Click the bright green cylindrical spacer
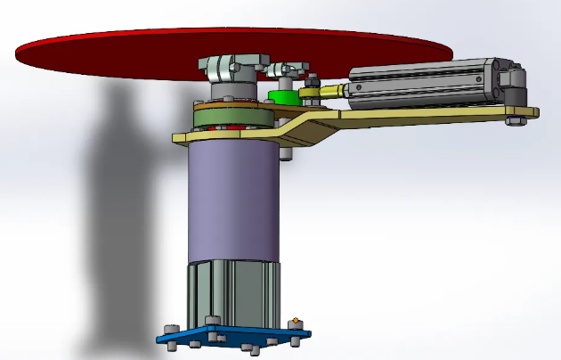point(281,95)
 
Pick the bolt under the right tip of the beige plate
point(515,121)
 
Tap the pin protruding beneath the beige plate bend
point(284,152)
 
